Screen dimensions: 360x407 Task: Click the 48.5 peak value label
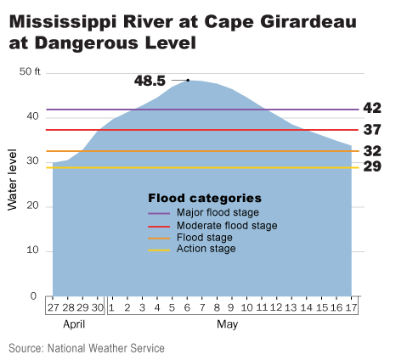tap(150, 81)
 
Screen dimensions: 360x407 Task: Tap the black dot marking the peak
tap(187, 80)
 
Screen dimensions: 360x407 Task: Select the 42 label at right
tap(371, 109)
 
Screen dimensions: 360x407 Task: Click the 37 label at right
tap(371, 130)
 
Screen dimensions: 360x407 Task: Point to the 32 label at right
tap(371, 151)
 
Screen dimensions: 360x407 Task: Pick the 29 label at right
tap(371, 166)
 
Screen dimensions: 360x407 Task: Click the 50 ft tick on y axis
tap(30, 71)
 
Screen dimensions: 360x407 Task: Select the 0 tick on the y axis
tap(34, 296)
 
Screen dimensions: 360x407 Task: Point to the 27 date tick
tap(53, 307)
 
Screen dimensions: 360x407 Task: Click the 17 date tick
tap(351, 307)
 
